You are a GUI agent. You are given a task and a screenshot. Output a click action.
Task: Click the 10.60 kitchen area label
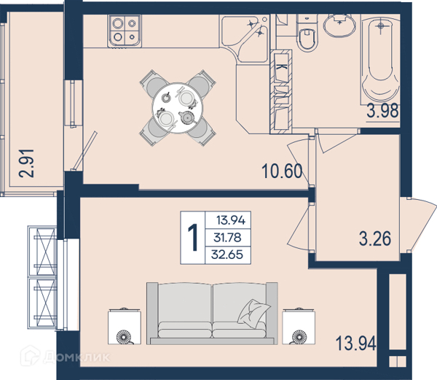pyautogui.click(x=282, y=171)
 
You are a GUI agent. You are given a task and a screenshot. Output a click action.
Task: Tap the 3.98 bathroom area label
pyautogui.click(x=382, y=110)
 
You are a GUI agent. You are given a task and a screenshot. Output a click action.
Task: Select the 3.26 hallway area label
pyautogui.click(x=375, y=239)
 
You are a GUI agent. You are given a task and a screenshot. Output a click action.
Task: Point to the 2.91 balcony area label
pyautogui.click(x=26, y=163)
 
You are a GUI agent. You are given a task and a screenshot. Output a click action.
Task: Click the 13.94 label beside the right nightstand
pyautogui.click(x=356, y=344)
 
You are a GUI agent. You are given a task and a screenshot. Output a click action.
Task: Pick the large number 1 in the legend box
pyautogui.click(x=192, y=238)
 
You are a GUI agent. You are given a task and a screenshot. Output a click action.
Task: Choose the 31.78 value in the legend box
pyautogui.click(x=227, y=238)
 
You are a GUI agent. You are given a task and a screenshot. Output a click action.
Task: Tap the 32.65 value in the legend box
pyautogui.click(x=227, y=255)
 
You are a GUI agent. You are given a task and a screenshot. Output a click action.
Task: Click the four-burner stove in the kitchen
pyautogui.click(x=125, y=31)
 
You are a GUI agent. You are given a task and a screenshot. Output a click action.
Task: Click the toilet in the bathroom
pyautogui.click(x=307, y=34)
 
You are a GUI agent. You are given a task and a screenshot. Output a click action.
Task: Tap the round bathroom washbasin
pyautogui.click(x=339, y=25)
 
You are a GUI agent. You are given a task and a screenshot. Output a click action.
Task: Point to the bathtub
pyautogui.click(x=380, y=59)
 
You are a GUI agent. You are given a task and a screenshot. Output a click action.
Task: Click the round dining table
pyautogui.click(x=178, y=108)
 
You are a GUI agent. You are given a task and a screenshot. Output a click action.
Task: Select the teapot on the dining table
pyautogui.click(x=186, y=117)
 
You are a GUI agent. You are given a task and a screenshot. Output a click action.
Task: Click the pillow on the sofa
pyautogui.click(x=253, y=311)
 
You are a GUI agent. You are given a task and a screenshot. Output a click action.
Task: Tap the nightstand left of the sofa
pyautogui.click(x=125, y=326)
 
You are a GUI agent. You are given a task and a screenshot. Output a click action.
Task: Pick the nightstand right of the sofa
pyautogui.click(x=299, y=326)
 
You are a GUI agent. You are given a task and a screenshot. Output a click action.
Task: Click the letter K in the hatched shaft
pyautogui.click(x=282, y=67)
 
